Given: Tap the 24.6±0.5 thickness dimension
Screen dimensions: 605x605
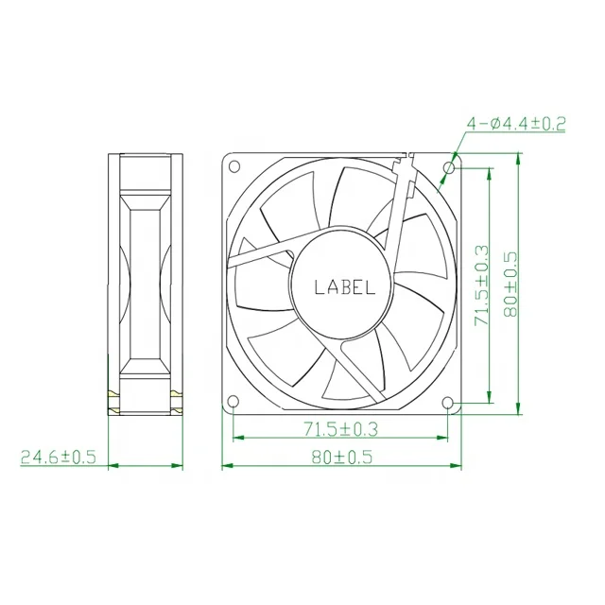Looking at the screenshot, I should [x=59, y=457].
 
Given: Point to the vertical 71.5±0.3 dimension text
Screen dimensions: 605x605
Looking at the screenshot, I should [x=482, y=285].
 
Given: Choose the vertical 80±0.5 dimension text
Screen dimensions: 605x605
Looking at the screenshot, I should [x=511, y=285].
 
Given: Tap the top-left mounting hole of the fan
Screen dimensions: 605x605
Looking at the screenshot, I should [x=233, y=167].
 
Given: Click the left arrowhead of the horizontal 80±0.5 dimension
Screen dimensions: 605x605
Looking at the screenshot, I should [x=225, y=466].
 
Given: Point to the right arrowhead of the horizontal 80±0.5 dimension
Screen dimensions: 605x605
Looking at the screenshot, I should [x=457, y=466].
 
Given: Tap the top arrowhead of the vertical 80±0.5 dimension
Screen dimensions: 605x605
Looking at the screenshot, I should [x=519, y=158].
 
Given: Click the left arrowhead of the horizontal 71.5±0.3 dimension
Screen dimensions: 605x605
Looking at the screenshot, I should [x=237, y=438].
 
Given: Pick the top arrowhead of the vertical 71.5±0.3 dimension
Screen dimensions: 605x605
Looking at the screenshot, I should [x=490, y=172].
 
